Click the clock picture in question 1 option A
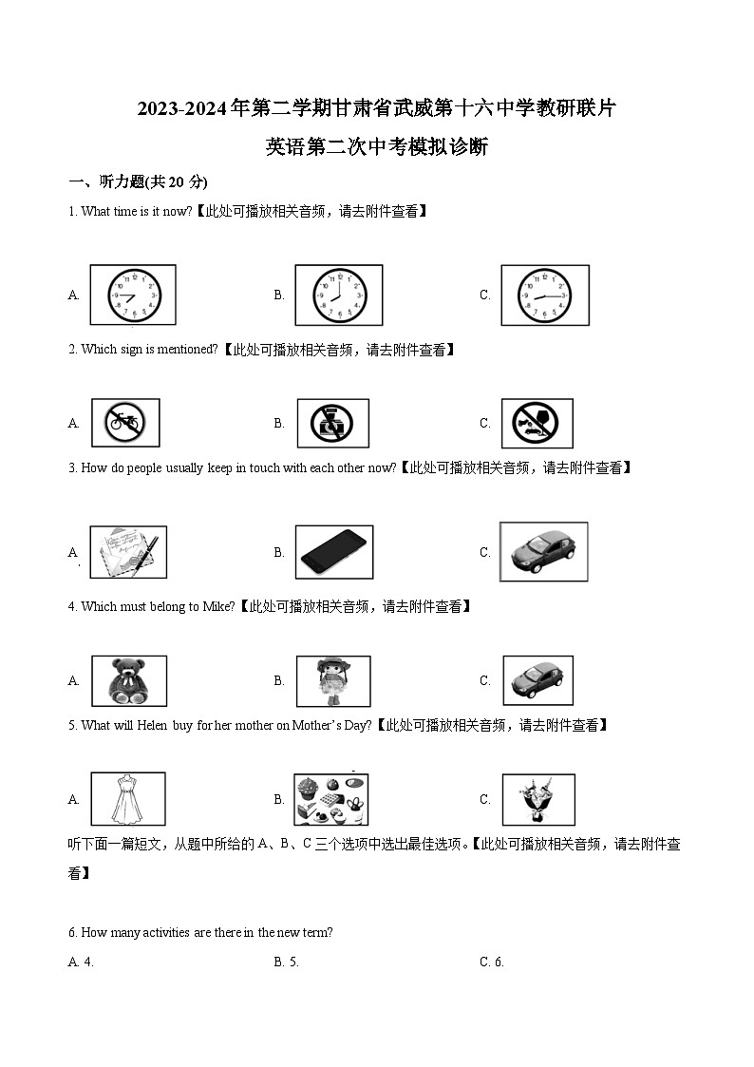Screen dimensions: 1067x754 tap(133, 295)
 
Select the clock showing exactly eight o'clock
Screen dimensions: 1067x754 tap(338, 295)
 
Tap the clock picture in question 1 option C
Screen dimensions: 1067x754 tap(545, 295)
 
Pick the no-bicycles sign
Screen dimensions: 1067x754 tap(125, 423)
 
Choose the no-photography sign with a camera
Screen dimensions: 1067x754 tap(332, 423)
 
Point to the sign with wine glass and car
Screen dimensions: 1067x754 tap(537, 423)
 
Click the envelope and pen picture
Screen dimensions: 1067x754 tap(128, 552)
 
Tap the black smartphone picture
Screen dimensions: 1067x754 tap(332, 552)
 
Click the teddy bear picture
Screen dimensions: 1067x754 tap(128, 681)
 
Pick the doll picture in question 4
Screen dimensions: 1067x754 tap(332, 681)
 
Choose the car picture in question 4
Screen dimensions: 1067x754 tap(537, 681)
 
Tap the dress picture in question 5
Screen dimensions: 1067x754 tap(128, 799)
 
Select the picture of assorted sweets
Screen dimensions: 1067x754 tap(331, 799)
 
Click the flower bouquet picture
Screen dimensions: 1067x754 tap(537, 799)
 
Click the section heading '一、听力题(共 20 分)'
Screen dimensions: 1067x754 tap(138, 181)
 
